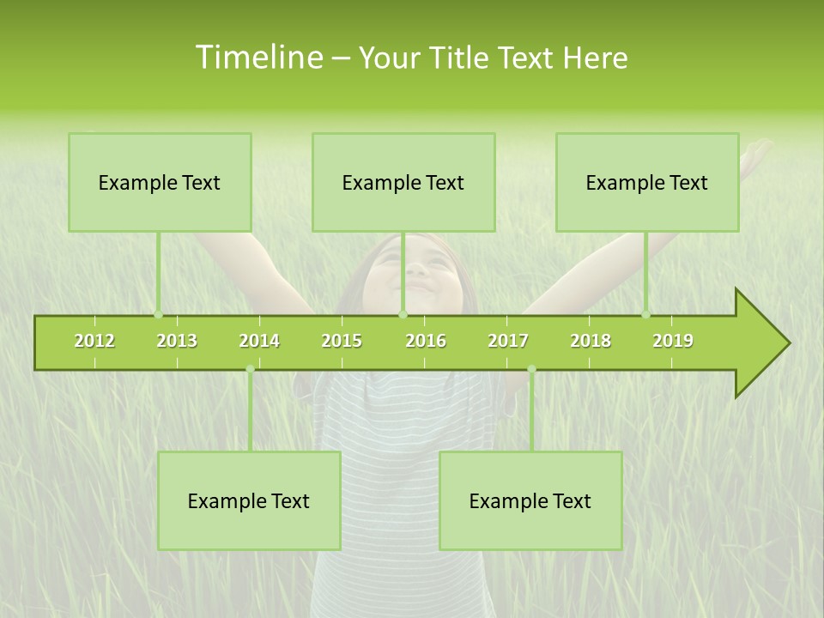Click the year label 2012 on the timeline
coord(94,341)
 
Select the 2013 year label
coord(177,341)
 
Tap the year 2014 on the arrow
coord(259,341)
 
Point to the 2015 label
coord(342,341)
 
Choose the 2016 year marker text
coord(426,341)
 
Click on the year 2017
coord(508,341)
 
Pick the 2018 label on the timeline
coord(591,341)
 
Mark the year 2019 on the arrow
coord(673,341)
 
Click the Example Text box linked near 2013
coord(160,182)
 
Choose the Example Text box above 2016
coord(403,182)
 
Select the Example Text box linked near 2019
coord(647,182)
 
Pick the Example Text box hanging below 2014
coord(249,500)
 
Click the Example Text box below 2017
coord(530,500)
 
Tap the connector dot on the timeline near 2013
coord(158,314)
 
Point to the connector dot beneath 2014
coord(250,369)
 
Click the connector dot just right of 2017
coord(531,369)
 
